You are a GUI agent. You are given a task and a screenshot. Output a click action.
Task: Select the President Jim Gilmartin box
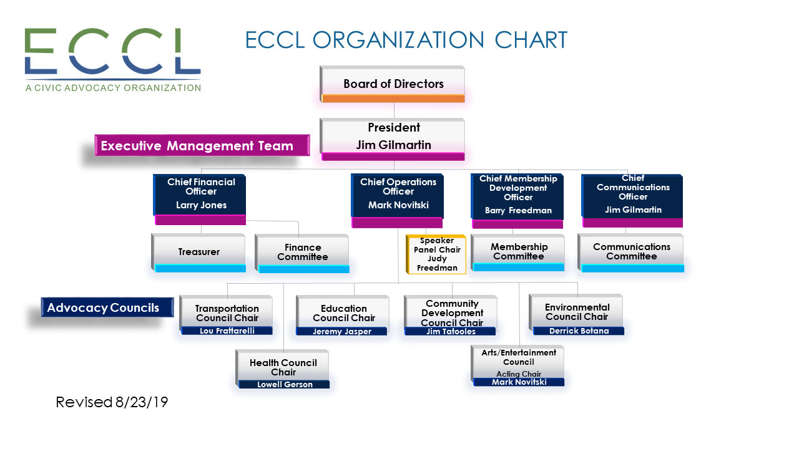pos(393,137)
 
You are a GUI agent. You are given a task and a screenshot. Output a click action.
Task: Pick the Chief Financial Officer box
pos(200,195)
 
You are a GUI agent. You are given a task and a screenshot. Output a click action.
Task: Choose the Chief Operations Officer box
pos(398,195)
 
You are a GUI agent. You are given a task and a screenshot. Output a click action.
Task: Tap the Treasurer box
pos(199,252)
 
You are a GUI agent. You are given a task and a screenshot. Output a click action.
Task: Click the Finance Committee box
pos(303,252)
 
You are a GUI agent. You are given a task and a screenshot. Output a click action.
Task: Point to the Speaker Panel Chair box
pos(437,254)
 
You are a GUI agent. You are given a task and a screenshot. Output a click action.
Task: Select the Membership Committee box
pos(519,251)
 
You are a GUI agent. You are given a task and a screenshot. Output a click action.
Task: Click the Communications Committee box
pos(631,251)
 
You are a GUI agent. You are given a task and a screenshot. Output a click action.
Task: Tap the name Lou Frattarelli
pos(227,331)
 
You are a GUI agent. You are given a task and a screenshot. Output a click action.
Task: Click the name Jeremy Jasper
pos(342,332)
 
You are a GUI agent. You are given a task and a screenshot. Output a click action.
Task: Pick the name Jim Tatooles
pos(451,332)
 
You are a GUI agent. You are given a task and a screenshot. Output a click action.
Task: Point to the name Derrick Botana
pos(579,331)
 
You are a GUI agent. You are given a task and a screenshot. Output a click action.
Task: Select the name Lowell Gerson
pos(285,385)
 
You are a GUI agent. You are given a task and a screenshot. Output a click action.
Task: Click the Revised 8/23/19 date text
pos(112,402)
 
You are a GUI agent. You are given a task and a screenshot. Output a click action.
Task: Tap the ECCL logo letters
pos(112,51)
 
